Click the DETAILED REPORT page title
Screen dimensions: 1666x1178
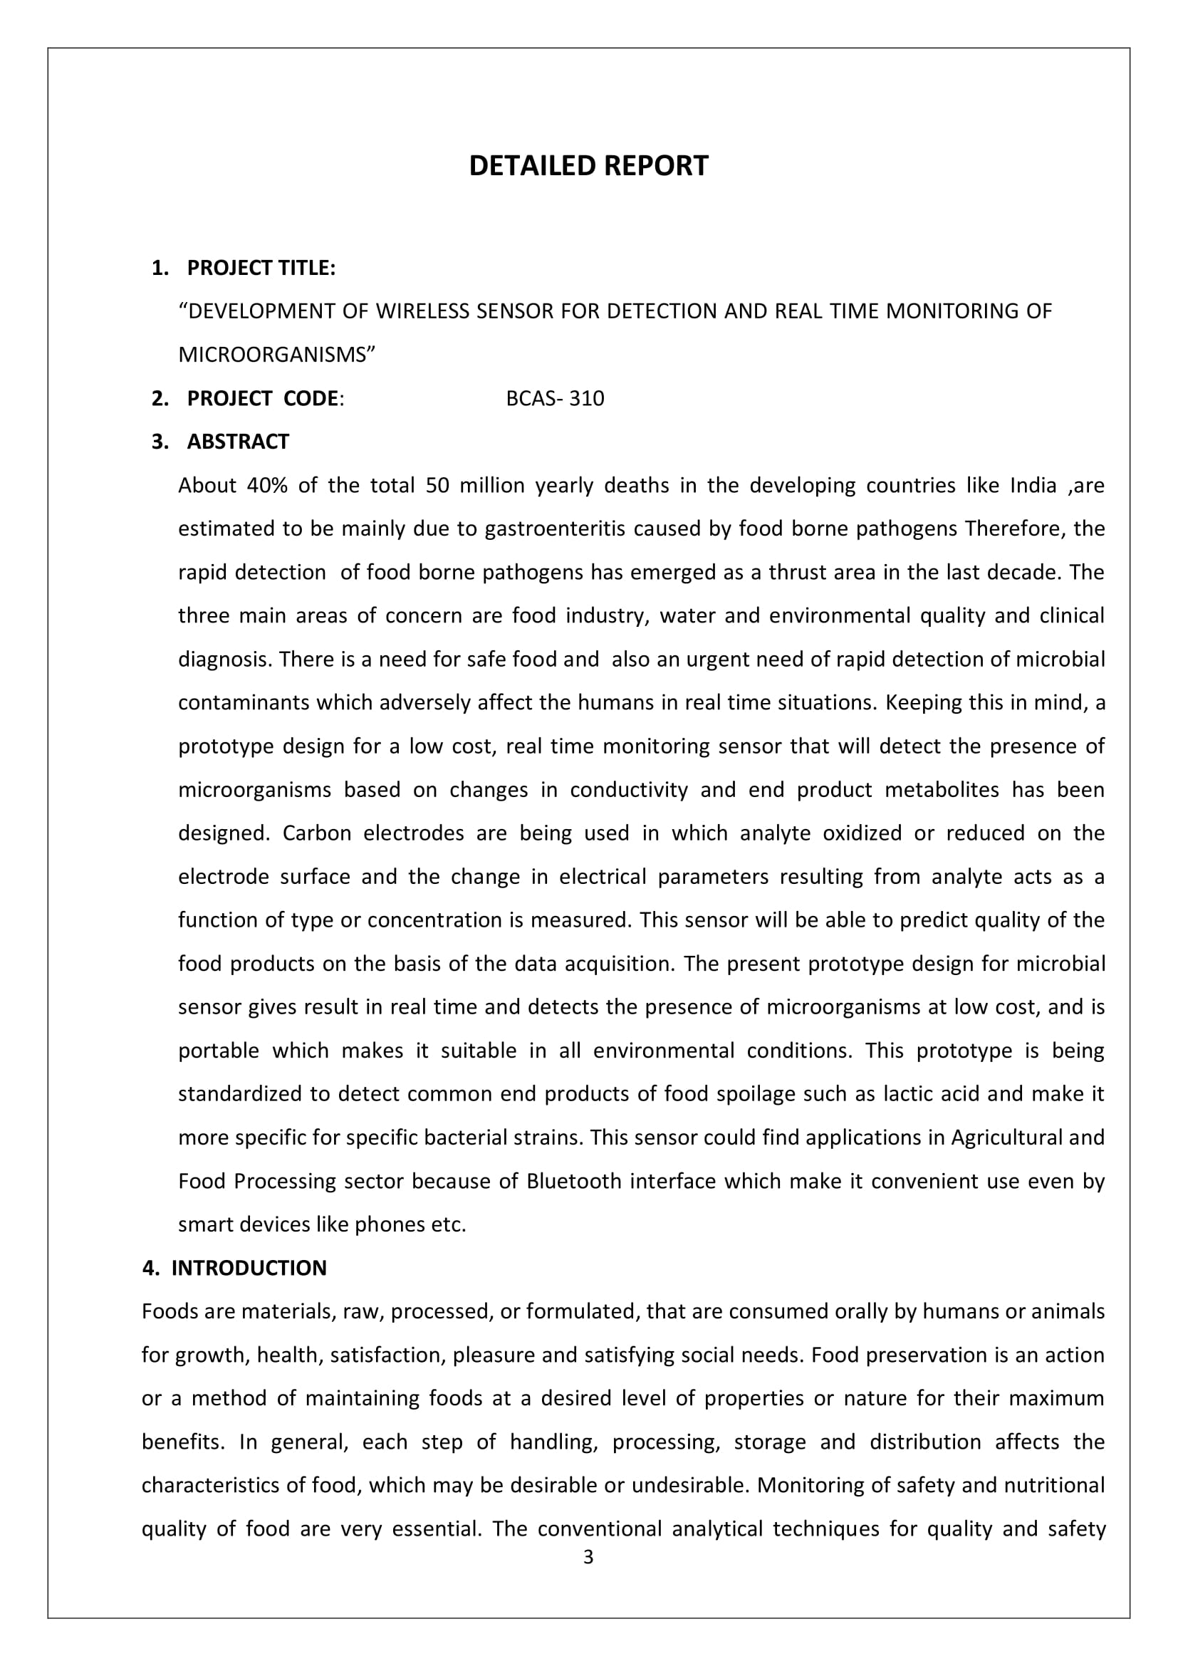pyautogui.click(x=588, y=166)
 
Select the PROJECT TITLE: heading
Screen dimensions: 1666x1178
pyautogui.click(x=261, y=269)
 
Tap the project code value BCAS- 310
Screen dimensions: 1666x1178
pyautogui.click(x=555, y=399)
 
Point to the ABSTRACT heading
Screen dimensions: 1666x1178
pyautogui.click(x=238, y=442)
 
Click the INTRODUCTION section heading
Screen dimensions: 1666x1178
pyautogui.click(x=249, y=1268)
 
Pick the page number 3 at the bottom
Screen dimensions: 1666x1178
pyautogui.click(x=588, y=1557)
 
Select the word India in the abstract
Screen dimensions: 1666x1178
pyautogui.click(x=1033, y=486)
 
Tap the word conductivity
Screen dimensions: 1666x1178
pyautogui.click(x=629, y=789)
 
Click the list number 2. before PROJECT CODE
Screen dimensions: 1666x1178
pyautogui.click(x=160, y=399)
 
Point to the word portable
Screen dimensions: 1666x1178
pyautogui.click(x=219, y=1051)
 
